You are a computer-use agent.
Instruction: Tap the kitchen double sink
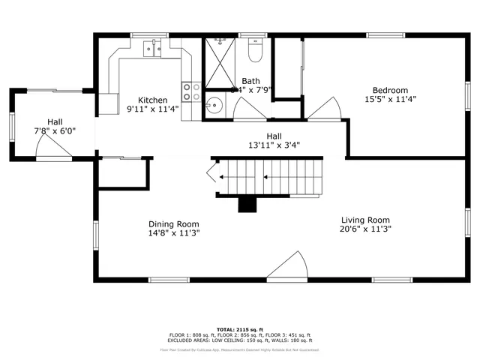tap(153, 49)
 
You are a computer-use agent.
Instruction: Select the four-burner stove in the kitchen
tap(191, 91)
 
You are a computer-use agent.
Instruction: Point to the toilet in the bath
tap(254, 52)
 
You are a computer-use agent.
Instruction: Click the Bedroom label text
tap(391, 90)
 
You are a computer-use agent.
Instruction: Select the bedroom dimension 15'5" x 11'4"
tap(391, 99)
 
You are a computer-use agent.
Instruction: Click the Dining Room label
tap(173, 223)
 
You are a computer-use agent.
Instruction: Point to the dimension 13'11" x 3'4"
tap(274, 145)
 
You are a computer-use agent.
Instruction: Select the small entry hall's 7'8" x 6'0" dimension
tap(55, 130)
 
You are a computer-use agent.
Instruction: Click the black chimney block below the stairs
tap(246, 204)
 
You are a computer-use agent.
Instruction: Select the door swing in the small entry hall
tap(55, 152)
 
